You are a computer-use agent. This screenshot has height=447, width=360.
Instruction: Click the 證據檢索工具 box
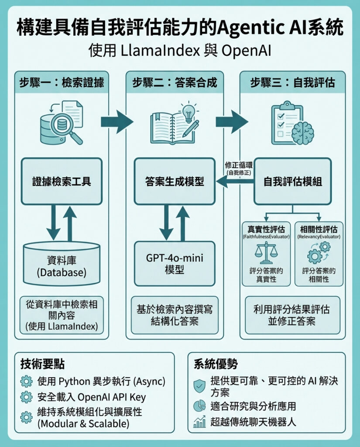pyautogui.click(x=62, y=181)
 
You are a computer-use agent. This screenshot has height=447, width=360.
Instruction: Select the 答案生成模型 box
pyautogui.click(x=175, y=181)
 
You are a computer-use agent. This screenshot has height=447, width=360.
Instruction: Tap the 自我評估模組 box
pyautogui.click(x=293, y=181)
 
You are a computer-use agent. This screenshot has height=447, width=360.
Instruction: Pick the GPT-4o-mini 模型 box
pyautogui.click(x=175, y=263)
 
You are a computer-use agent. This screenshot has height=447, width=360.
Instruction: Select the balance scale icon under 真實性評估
pyautogui.click(x=265, y=253)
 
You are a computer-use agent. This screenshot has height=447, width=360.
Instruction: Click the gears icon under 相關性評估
pyautogui.click(x=319, y=253)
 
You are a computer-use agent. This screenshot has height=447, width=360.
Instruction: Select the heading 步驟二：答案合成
pyautogui.click(x=175, y=83)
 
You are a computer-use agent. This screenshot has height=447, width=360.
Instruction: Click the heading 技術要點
pyautogui.click(x=43, y=364)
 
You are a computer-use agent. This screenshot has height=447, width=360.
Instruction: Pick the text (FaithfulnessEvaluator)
pyautogui.click(x=265, y=237)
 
